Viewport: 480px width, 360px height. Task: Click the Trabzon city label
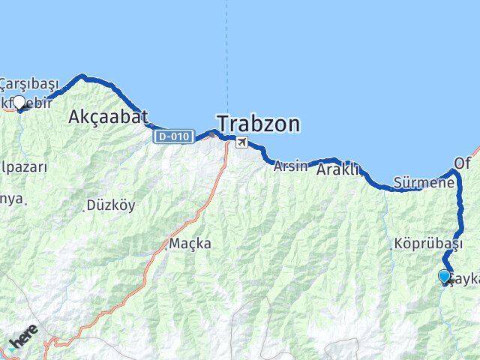click(x=258, y=124)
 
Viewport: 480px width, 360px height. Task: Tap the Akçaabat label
click(x=108, y=116)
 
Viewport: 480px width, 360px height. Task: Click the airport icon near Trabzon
click(x=241, y=142)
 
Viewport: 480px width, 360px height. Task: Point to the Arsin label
click(x=290, y=166)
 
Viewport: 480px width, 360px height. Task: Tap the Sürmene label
click(x=424, y=182)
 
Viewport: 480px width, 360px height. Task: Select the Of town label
click(x=462, y=163)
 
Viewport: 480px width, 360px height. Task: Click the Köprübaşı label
click(x=428, y=244)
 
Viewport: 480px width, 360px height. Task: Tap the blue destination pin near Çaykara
click(x=444, y=277)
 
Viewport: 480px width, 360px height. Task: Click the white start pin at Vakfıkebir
click(x=19, y=103)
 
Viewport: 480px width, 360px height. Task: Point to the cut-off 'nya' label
click(x=13, y=199)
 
